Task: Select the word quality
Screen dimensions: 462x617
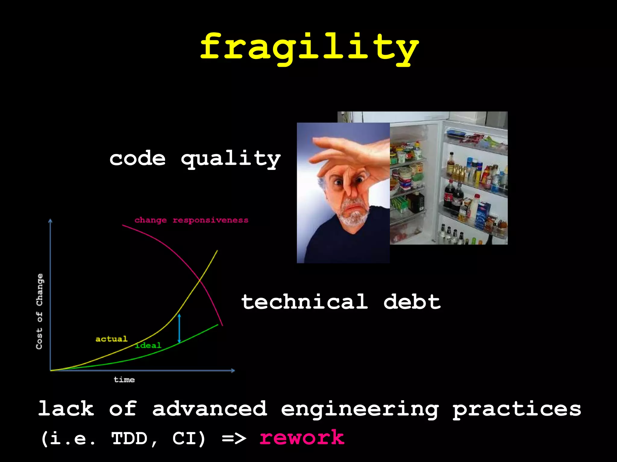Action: pyautogui.click(x=231, y=159)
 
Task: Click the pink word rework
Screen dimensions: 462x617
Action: pyautogui.click(x=302, y=438)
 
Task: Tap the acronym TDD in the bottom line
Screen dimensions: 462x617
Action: pyautogui.click(x=129, y=438)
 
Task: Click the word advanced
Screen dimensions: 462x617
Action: pyautogui.click(x=210, y=409)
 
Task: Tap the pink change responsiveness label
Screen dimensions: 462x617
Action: pyautogui.click(x=191, y=220)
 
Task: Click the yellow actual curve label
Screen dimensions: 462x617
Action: pyautogui.click(x=111, y=339)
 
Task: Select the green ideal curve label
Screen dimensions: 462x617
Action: pyautogui.click(x=149, y=346)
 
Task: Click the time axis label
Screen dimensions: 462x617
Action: pyautogui.click(x=124, y=380)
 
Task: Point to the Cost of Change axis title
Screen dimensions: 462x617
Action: pyautogui.click(x=39, y=311)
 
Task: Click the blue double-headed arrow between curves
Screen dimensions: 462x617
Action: pyautogui.click(x=179, y=328)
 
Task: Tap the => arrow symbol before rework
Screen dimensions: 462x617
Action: pyautogui.click(x=234, y=438)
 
